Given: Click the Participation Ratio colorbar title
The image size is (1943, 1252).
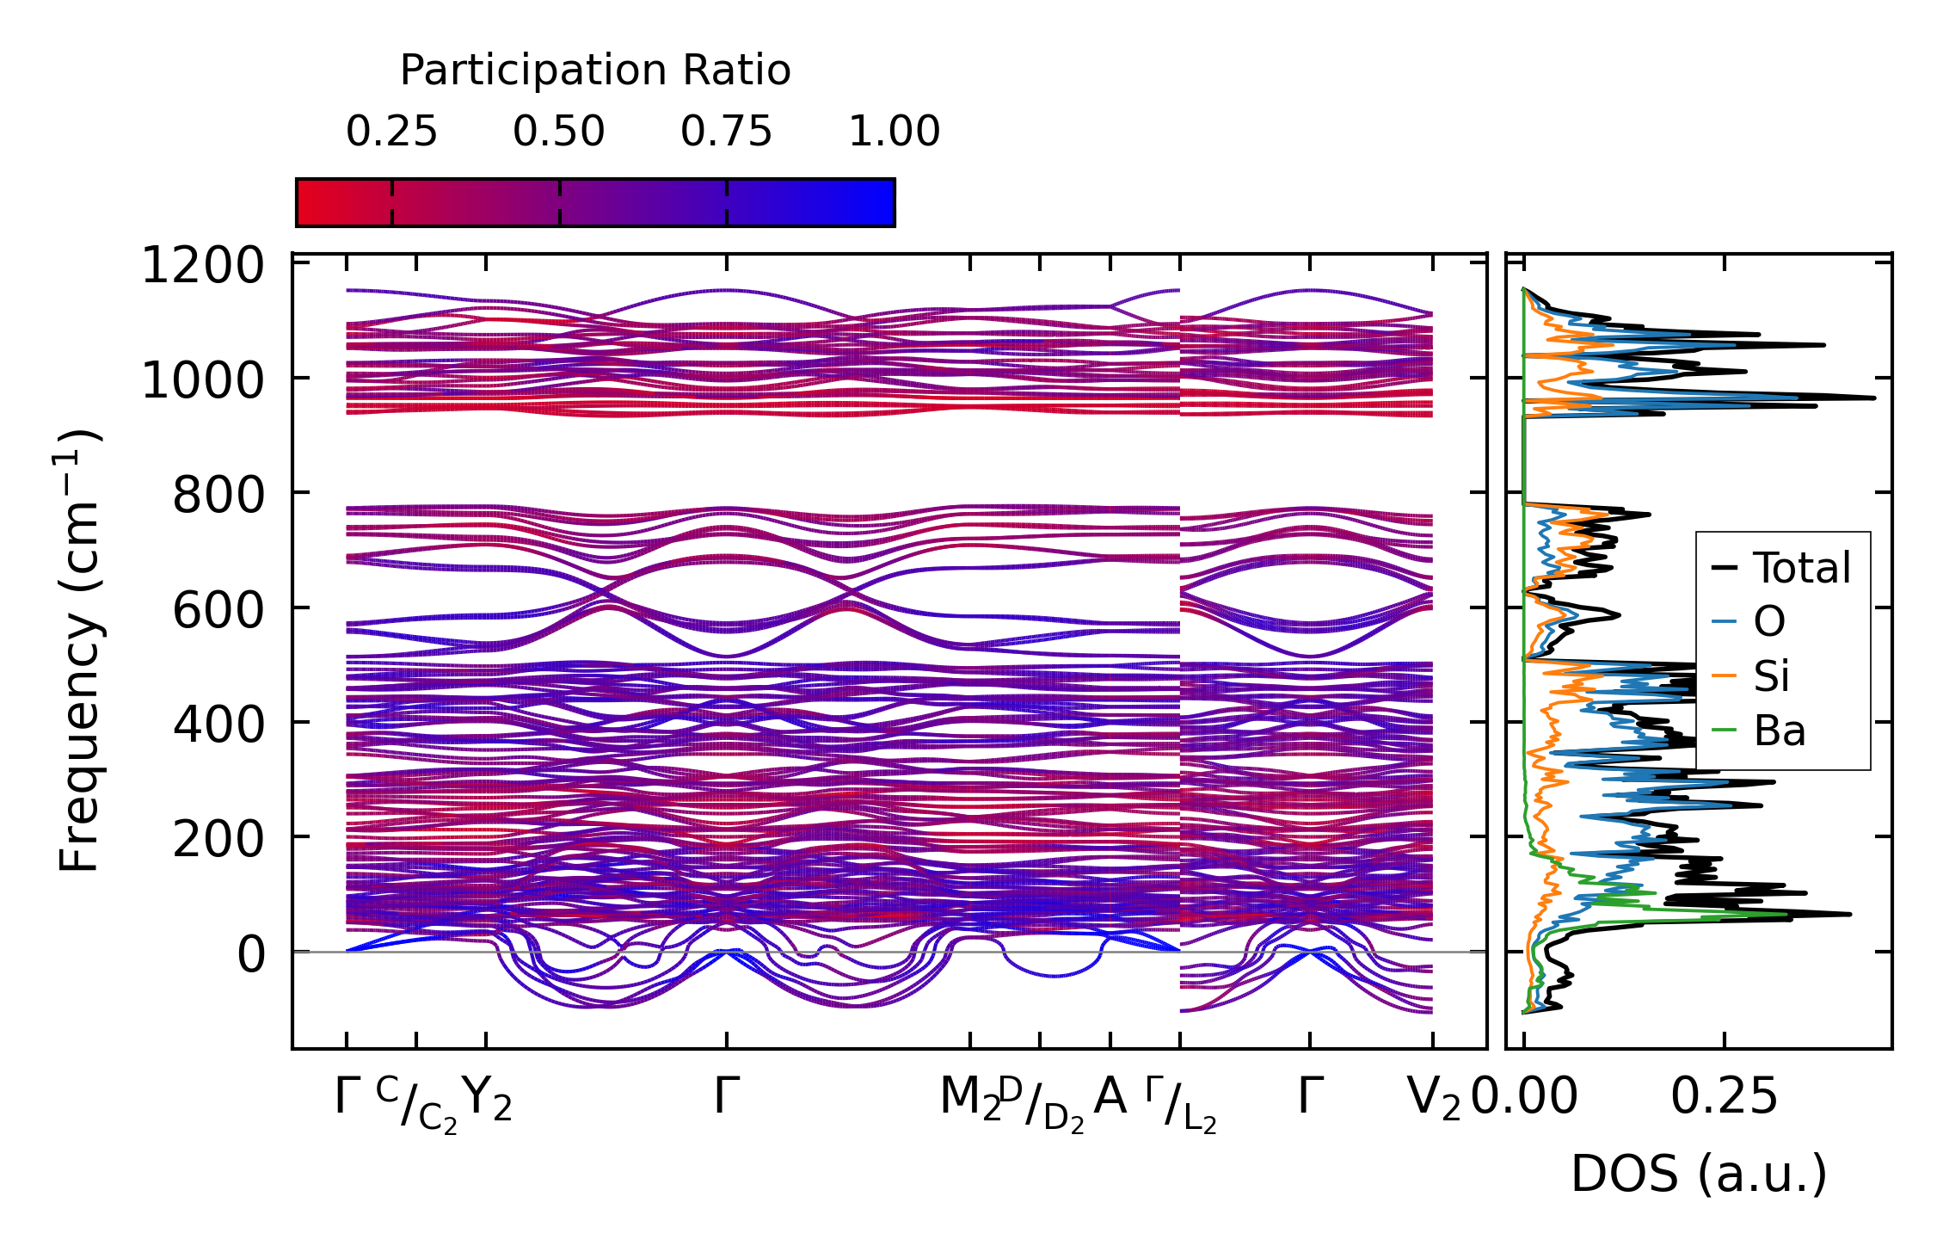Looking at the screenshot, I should tap(595, 71).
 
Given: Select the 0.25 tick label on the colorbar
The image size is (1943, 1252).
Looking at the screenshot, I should tap(391, 132).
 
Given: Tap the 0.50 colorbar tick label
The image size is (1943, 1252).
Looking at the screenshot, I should tap(559, 132).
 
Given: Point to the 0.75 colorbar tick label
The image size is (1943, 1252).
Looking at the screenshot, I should tap(726, 132).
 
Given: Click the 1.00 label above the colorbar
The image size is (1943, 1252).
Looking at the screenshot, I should tap(894, 132).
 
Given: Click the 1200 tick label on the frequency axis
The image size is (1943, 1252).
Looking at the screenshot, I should tap(202, 266).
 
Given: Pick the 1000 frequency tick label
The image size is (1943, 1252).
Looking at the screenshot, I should tap(202, 380).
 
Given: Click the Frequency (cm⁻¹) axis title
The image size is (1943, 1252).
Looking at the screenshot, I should tap(79, 651).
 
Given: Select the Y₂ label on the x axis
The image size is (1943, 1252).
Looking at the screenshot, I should tap(487, 1099).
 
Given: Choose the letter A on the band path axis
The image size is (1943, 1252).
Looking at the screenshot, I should tap(1110, 1097).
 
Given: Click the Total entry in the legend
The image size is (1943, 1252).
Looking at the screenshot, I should tap(1802, 569).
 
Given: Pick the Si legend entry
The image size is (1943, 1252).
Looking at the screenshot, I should tap(1772, 676).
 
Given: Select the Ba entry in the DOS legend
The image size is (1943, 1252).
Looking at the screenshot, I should tap(1779, 731).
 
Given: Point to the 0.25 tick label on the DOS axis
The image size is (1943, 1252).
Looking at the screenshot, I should tap(1724, 1098).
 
